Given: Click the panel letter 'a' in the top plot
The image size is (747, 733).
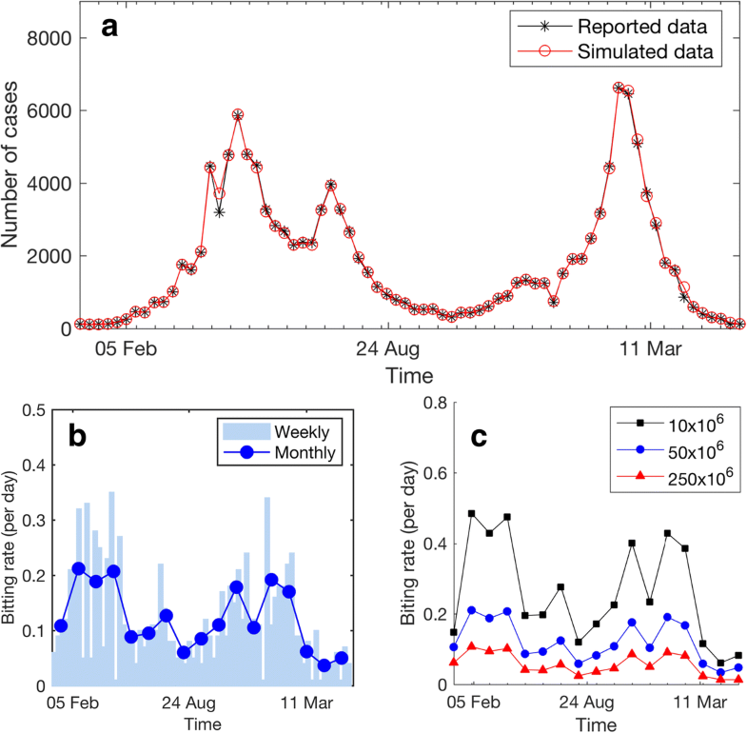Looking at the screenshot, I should [x=110, y=28].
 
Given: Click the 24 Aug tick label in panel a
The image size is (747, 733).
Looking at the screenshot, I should [x=387, y=348].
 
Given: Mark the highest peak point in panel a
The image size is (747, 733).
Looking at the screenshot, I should [x=619, y=88].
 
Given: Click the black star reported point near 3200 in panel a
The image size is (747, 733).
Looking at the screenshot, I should [x=219, y=212].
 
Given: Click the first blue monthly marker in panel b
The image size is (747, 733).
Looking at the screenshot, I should [x=61, y=625].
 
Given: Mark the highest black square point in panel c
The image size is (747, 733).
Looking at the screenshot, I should [x=471, y=513].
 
